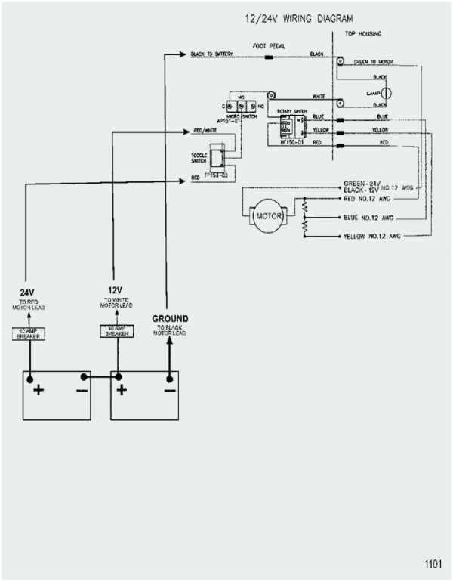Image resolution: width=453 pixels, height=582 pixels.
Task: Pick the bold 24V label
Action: coord(28,292)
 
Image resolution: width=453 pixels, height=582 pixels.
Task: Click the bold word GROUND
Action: coord(170,318)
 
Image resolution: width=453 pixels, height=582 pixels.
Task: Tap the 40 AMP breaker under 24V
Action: coord(28,333)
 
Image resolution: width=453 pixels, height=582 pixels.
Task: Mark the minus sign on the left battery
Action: coord(80,390)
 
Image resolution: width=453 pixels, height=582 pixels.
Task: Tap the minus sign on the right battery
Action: coord(169,390)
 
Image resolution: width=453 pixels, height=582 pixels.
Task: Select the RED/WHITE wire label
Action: coord(206,131)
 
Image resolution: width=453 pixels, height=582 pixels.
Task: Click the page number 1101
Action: coord(433,563)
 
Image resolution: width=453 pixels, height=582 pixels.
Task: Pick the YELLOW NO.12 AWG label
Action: coord(373,237)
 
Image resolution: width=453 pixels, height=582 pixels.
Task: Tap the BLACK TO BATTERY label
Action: coord(211,54)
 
